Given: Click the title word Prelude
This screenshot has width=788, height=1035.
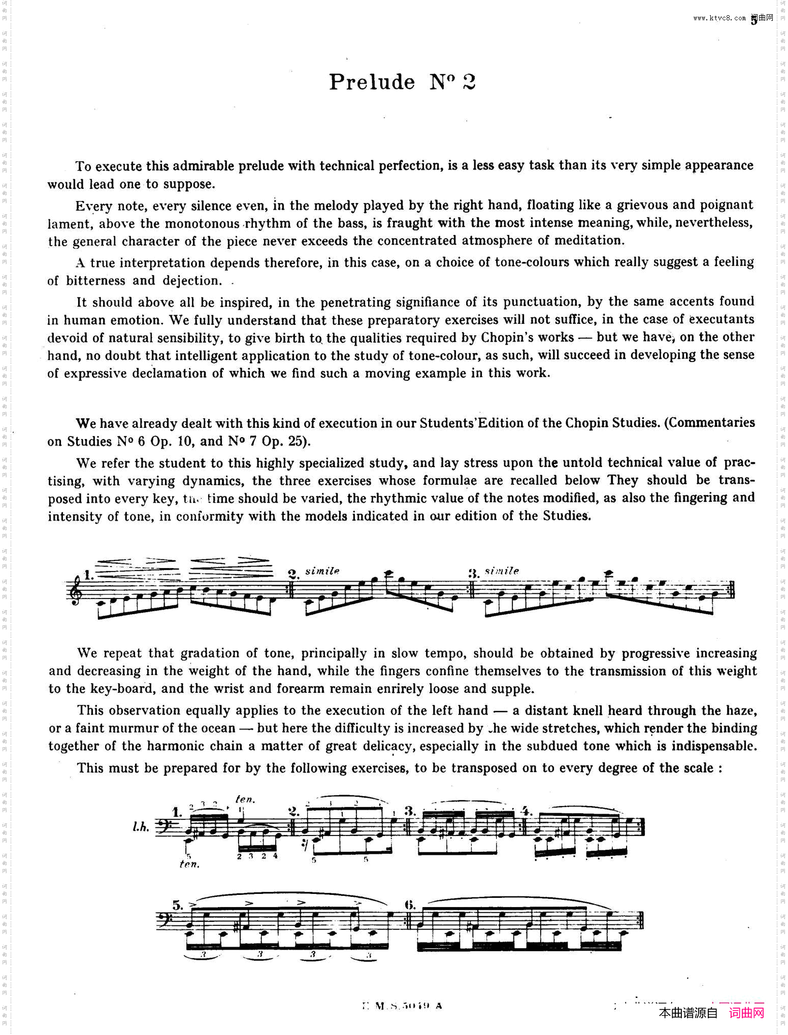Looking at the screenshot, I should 372,82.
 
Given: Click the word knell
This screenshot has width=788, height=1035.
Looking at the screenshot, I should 589,710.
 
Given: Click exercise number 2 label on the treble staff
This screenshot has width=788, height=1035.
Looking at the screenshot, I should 293,574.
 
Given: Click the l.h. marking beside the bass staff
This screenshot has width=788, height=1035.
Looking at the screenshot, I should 141,827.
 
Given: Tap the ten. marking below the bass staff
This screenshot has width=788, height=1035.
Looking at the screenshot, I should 189,863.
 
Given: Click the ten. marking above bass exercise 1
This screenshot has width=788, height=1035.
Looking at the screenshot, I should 245,799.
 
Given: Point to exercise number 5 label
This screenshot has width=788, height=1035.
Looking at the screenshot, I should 177,906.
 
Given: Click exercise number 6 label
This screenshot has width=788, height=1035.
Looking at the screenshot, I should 410,905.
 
